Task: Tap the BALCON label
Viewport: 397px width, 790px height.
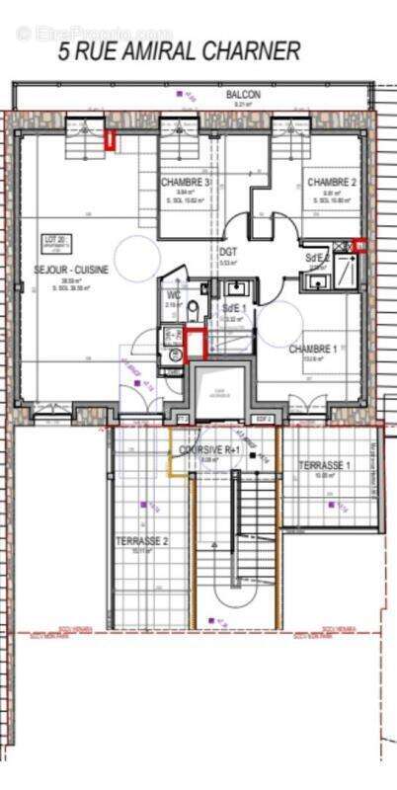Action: click(x=242, y=95)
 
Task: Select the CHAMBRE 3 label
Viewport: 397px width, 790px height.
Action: click(x=186, y=183)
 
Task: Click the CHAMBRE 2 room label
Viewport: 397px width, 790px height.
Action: click(x=331, y=183)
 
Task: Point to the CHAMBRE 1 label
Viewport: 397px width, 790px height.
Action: click(x=312, y=349)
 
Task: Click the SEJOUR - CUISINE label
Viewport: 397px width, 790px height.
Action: click(x=71, y=269)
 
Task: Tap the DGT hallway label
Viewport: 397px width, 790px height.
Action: click(x=228, y=252)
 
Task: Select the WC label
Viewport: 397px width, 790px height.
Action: click(x=174, y=294)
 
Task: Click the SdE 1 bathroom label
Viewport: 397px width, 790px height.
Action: click(x=235, y=308)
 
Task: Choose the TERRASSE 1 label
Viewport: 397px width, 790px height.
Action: click(x=325, y=465)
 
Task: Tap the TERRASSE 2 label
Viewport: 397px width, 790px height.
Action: click(x=141, y=541)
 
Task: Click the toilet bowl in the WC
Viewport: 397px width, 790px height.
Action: click(x=193, y=311)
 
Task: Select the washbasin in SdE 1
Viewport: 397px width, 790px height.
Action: click(x=236, y=289)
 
